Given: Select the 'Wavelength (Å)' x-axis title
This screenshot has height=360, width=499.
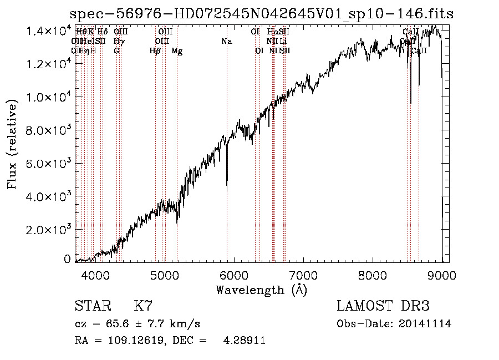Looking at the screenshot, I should point(261,290).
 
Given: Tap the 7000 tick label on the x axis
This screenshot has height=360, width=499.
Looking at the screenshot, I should point(303,275).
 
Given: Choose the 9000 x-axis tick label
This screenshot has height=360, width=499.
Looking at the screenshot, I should point(442,275).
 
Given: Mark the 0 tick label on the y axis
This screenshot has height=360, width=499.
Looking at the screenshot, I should point(67,259).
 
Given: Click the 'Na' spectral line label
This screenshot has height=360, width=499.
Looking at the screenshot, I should point(226,42).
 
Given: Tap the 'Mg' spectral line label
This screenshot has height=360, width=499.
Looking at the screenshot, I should point(177,51).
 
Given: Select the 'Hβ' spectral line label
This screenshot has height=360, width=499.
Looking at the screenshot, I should point(155,51).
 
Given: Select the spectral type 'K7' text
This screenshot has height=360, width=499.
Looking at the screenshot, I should point(143,306).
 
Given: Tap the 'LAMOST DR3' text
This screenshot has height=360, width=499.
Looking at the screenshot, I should point(383,306).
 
